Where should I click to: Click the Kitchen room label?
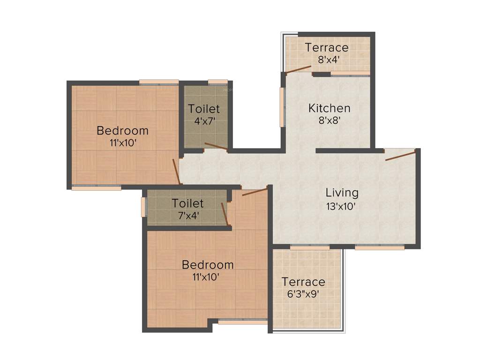pos(329,108)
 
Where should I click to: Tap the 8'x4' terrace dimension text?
pos(327,60)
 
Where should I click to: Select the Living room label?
pos(342,193)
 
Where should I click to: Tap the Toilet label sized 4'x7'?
pos(204,109)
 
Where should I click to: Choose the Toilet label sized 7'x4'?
pos(187,203)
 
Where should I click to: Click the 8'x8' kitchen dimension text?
pos(329,120)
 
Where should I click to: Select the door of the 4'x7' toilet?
pos(216,147)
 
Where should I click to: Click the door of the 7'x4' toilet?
pos(225,214)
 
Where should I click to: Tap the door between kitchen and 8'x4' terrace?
pos(299,70)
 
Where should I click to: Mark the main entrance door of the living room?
pos(400,156)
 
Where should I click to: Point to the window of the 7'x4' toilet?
pos(144,207)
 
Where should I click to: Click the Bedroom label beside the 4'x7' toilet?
pos(122,130)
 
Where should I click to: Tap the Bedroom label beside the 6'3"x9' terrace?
pos(208,265)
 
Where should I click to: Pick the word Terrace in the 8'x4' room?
pos(327,47)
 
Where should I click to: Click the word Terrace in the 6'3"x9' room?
pos(303,282)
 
